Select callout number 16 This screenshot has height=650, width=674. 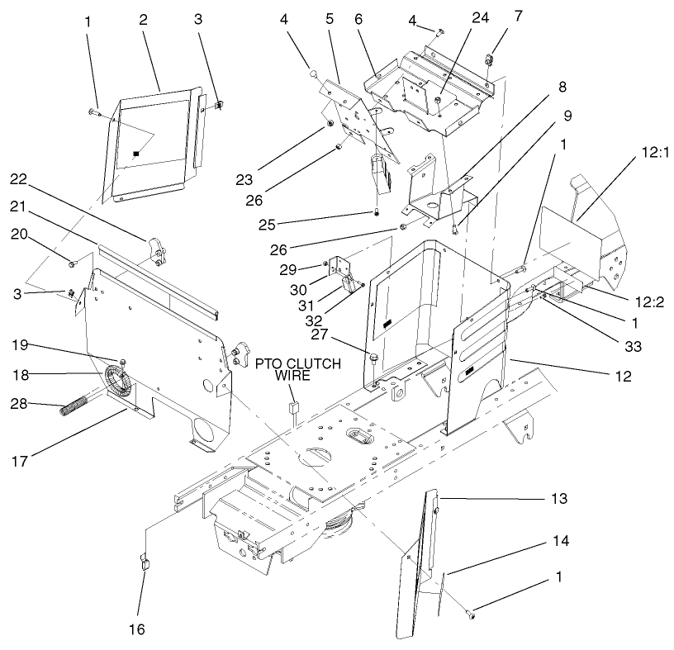tap(137, 629)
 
